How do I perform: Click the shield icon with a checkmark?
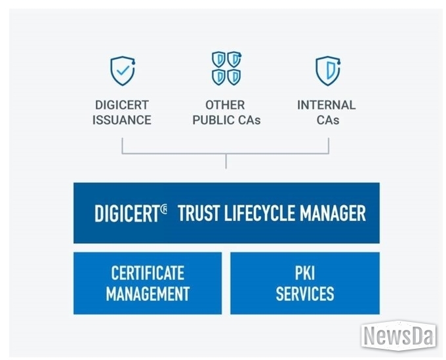(123, 71)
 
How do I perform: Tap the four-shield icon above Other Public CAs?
(226, 68)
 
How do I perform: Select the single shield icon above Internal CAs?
(328, 71)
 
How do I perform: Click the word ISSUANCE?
(122, 120)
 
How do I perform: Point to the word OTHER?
(225, 105)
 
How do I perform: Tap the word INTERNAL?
(327, 105)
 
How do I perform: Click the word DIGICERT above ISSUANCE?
(122, 105)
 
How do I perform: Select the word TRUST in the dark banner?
(199, 213)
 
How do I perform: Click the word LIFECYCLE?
(260, 213)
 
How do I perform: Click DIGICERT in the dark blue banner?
(127, 213)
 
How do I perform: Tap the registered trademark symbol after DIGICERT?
(164, 210)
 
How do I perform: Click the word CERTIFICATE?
(148, 273)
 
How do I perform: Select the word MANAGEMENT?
(148, 294)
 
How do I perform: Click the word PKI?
(305, 273)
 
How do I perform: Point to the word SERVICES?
(305, 294)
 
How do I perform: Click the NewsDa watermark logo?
(399, 336)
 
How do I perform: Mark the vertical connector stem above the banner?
(226, 161)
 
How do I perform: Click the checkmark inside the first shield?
(123, 70)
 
